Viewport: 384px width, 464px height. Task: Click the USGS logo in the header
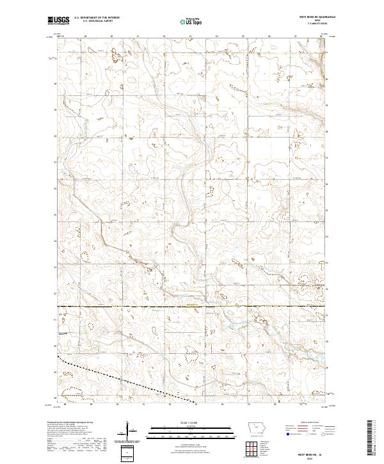(x=60, y=20)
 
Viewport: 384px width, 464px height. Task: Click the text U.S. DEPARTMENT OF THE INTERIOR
(x=97, y=18)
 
